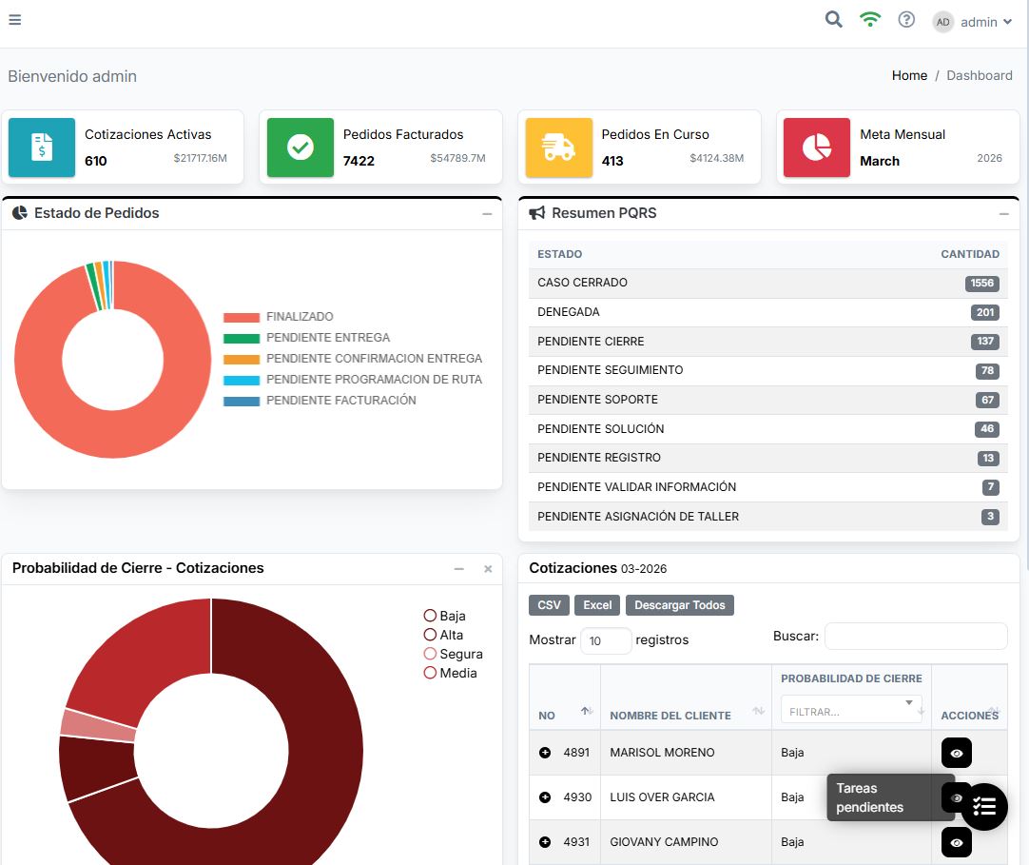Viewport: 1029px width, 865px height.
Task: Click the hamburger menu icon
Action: [14, 20]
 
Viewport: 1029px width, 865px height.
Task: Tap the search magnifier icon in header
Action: [834, 20]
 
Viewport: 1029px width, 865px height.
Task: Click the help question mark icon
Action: [906, 20]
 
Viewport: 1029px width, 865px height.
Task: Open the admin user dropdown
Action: [973, 22]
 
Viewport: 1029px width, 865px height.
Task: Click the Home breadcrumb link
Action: [909, 75]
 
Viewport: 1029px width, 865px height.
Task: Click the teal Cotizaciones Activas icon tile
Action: [42, 147]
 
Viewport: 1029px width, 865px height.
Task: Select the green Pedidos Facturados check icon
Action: [301, 147]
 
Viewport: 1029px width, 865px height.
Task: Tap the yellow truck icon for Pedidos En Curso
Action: [559, 147]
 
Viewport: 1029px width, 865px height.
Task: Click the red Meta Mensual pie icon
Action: [817, 147]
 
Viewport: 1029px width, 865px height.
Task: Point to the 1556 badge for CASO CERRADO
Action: [981, 284]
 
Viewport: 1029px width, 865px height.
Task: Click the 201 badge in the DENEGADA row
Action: [984, 312]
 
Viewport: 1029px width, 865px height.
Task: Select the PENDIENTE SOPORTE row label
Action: [597, 400]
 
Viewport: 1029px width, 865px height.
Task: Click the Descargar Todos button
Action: [680, 605]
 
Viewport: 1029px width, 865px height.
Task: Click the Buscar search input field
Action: [915, 637]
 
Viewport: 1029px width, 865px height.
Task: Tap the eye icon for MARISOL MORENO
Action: [956, 753]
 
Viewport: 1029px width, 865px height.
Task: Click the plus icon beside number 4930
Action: [545, 797]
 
